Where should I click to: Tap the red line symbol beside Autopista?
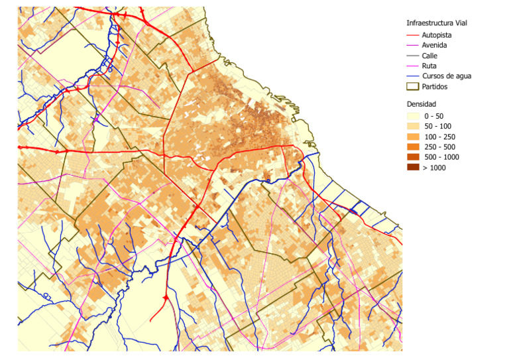(413, 34)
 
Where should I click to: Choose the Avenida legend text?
(434, 45)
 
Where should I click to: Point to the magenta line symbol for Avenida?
(413, 45)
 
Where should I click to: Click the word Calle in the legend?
(429, 56)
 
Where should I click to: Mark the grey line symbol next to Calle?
(413, 56)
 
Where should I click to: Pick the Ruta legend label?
(429, 66)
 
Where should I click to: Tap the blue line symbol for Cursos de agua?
(413, 76)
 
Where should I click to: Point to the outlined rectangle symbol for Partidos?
(413, 86)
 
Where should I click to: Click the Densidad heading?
(422, 104)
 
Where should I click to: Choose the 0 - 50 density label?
(435, 116)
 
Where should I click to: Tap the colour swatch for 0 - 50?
(413, 116)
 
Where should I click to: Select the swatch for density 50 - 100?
(413, 126)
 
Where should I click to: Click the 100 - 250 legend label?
(439, 137)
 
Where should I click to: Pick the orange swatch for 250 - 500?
(413, 147)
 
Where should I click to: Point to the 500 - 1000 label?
(441, 157)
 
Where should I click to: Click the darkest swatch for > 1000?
(413, 167)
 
